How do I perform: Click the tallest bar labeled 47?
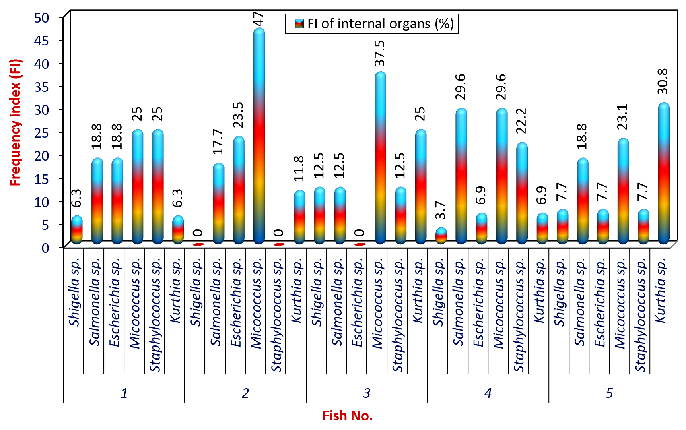[x=259, y=136]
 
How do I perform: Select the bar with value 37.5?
[x=380, y=158]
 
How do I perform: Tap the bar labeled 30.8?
[x=663, y=174]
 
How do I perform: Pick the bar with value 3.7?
[x=441, y=236]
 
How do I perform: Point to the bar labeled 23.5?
[x=239, y=190]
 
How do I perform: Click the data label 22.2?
[x=521, y=121]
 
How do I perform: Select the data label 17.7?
[x=218, y=141]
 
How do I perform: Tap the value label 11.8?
[x=299, y=168]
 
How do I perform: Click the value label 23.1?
[x=623, y=117]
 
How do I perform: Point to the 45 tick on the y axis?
[x=42, y=40]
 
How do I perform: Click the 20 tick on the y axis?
[x=42, y=156]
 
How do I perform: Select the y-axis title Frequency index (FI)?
[x=15, y=122]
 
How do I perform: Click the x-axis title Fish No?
[x=348, y=416]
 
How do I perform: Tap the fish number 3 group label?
[x=367, y=393]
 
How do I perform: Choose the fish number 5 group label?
[x=609, y=393]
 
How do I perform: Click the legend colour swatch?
[x=299, y=24]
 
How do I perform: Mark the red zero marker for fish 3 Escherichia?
[x=360, y=244]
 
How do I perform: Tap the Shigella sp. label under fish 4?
[x=439, y=292]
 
